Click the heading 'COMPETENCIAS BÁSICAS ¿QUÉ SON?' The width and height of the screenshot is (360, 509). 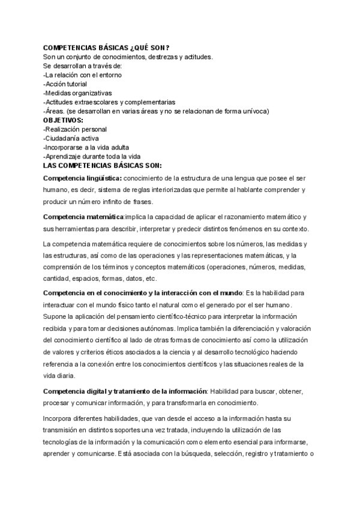pos(106,48)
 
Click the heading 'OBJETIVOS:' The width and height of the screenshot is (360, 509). pos(64,120)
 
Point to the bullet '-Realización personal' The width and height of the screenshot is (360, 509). pos(76,129)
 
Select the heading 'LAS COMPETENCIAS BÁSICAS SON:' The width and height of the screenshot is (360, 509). pos(103,165)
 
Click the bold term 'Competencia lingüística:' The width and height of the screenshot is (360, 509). pos(83,178)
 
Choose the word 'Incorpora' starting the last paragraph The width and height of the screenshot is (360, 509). pos(59,418)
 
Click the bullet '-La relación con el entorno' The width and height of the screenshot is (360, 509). pos(83,75)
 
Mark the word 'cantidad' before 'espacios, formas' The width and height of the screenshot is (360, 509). pos(56,279)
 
